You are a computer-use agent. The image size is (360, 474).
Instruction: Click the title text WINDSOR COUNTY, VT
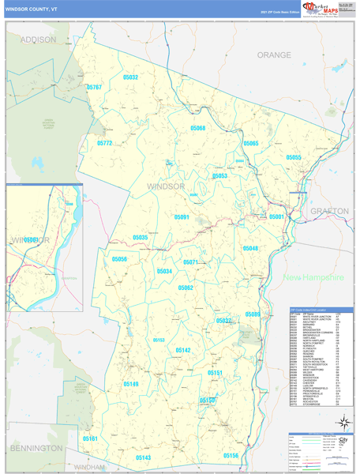[x=31, y=9]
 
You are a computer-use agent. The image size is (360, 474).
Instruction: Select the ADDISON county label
[x=39, y=39]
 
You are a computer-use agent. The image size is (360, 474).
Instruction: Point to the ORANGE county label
[x=274, y=55]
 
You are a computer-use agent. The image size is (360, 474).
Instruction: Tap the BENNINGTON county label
[x=36, y=448]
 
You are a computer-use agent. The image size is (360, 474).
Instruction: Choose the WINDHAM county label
[x=88, y=468]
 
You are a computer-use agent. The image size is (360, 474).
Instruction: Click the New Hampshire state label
[x=314, y=278]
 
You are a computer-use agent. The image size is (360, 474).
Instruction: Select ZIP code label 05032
[x=131, y=77]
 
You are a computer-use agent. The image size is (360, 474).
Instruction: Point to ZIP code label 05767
[x=94, y=87]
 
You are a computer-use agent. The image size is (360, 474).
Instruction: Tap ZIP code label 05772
[x=105, y=143]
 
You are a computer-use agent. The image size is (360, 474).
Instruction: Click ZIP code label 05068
[x=197, y=128]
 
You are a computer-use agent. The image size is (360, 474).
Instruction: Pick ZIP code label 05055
[x=294, y=158]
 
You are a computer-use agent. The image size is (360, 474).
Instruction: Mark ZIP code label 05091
[x=182, y=216]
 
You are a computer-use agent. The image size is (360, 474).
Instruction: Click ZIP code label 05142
[x=183, y=350]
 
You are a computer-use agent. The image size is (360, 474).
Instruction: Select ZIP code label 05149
[x=131, y=384]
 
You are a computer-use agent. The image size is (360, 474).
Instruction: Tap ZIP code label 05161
[x=90, y=438]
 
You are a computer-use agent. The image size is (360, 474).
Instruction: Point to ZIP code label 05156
[x=231, y=456]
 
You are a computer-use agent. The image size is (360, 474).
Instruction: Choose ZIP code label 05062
[x=186, y=288]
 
